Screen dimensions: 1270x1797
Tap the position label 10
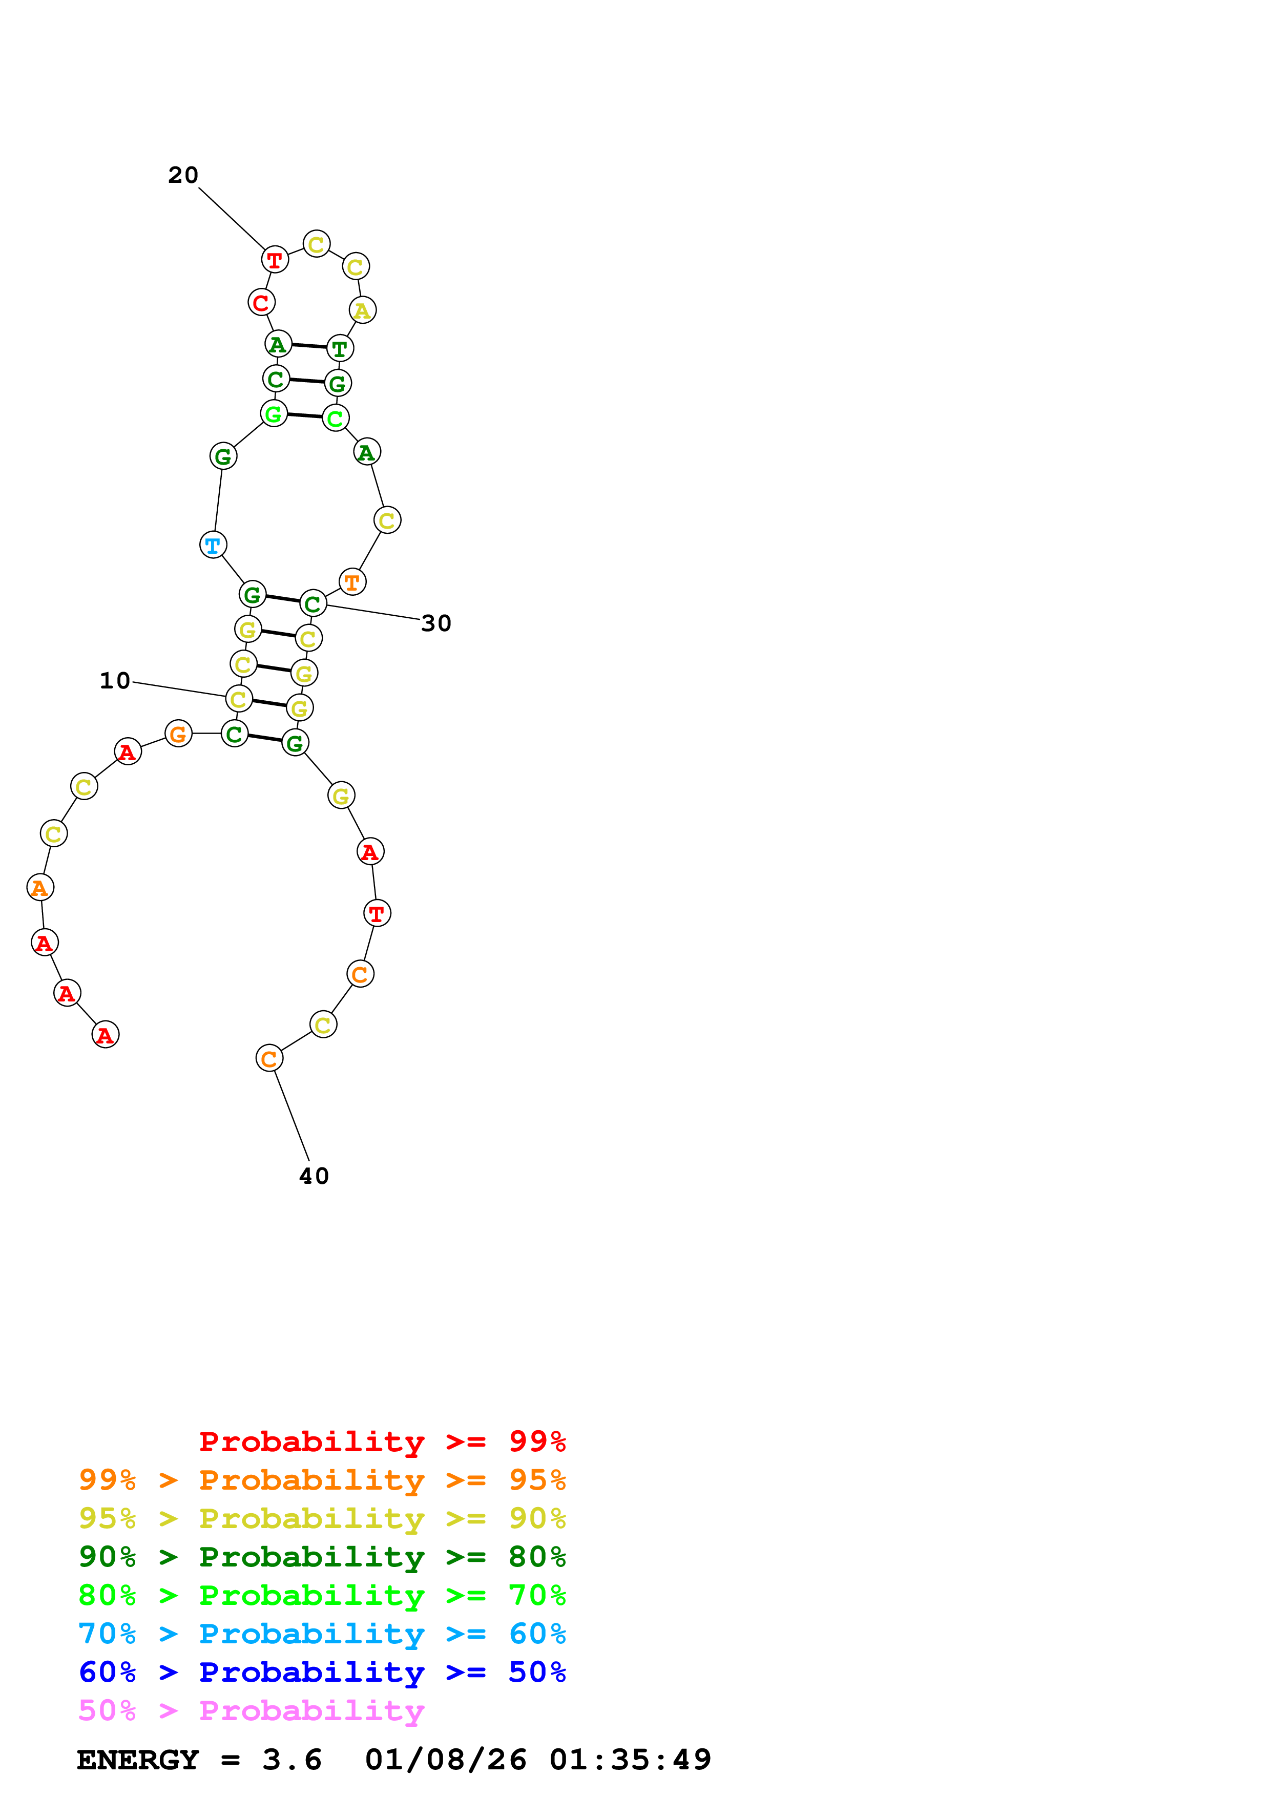[x=115, y=681]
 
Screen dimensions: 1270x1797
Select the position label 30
[x=436, y=624]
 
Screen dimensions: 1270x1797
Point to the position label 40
[x=314, y=1176]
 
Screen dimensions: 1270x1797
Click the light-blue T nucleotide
[x=213, y=545]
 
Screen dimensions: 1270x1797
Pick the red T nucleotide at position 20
[x=275, y=259]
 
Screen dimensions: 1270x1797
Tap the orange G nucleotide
[x=178, y=734]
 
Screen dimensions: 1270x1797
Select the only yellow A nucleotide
[x=362, y=311]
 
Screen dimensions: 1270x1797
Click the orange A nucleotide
[x=40, y=888]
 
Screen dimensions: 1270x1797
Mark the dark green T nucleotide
[x=340, y=348]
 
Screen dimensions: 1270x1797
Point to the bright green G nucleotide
[x=273, y=413]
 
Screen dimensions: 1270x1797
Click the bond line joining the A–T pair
[x=308, y=346]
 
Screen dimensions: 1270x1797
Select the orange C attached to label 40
[x=269, y=1058]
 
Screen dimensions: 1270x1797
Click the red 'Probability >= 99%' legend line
[x=382, y=1441]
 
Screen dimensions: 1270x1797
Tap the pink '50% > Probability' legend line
[x=251, y=1710]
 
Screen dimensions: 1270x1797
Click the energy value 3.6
[x=292, y=1760]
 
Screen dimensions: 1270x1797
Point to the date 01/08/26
[x=445, y=1760]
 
